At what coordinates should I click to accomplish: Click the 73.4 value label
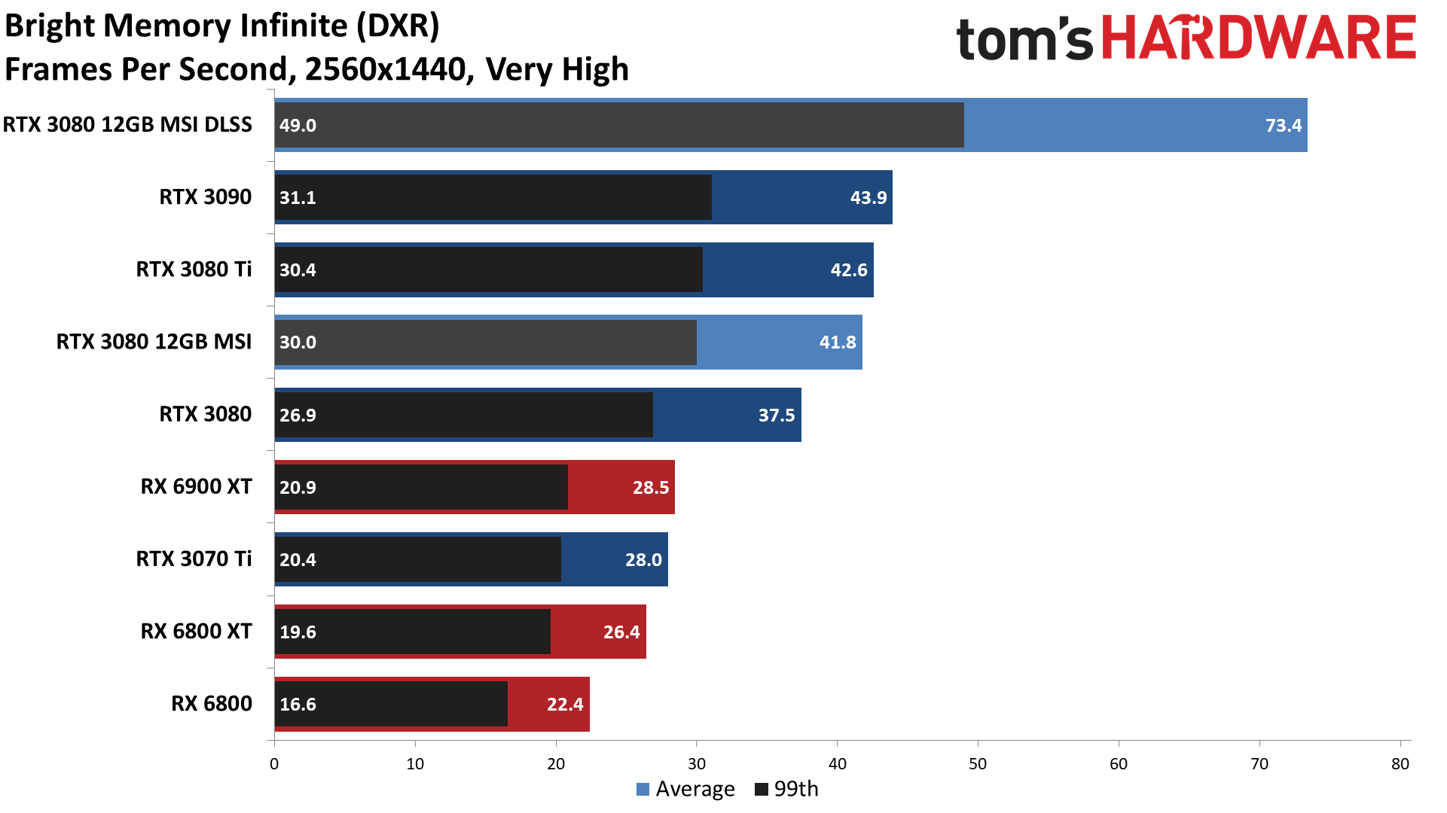(1283, 126)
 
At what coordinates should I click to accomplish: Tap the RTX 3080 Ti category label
(194, 269)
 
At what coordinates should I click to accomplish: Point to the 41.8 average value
(837, 343)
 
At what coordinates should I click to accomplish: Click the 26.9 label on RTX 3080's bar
(298, 416)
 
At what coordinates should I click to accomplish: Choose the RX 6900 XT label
(196, 486)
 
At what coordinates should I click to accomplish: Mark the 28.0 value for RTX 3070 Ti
(643, 560)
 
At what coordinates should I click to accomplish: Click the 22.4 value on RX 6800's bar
(564, 705)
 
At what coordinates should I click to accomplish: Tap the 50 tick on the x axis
(977, 764)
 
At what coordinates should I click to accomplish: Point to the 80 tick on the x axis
(1400, 764)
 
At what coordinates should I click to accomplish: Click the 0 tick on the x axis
(274, 764)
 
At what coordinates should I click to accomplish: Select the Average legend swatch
(643, 790)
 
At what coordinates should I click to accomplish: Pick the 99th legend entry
(786, 789)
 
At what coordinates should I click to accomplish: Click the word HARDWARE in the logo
(1259, 39)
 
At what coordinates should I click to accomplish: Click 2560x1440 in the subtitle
(386, 70)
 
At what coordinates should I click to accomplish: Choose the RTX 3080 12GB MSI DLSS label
(127, 124)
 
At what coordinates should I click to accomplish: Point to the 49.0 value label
(298, 126)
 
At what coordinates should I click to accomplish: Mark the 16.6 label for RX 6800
(298, 705)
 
